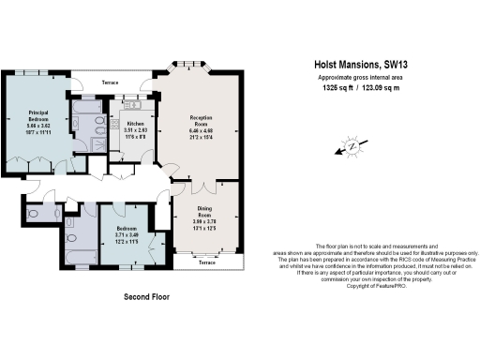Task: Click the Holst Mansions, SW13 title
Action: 367,66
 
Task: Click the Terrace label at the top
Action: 111,82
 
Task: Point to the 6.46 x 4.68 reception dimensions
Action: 195,131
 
